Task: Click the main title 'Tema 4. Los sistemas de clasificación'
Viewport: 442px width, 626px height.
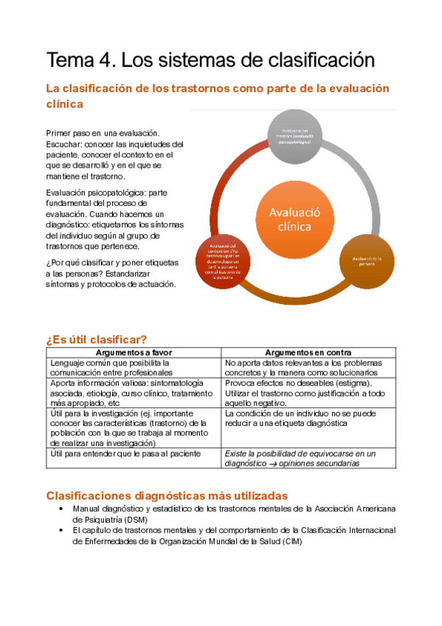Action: coord(210,58)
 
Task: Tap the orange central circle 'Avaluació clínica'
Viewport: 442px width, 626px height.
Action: coord(284,219)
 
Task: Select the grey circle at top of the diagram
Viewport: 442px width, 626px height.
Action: coord(294,137)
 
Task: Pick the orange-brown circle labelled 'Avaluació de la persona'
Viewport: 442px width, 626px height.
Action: coord(366,258)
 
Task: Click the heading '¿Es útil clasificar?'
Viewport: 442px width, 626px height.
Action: coord(97,339)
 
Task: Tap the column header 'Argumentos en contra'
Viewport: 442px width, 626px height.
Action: coord(308,353)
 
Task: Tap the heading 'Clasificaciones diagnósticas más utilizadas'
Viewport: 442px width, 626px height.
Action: coord(167,495)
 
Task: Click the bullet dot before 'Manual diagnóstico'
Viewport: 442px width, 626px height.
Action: coord(61,509)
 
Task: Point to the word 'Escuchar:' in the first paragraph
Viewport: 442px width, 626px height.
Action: coord(66,145)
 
